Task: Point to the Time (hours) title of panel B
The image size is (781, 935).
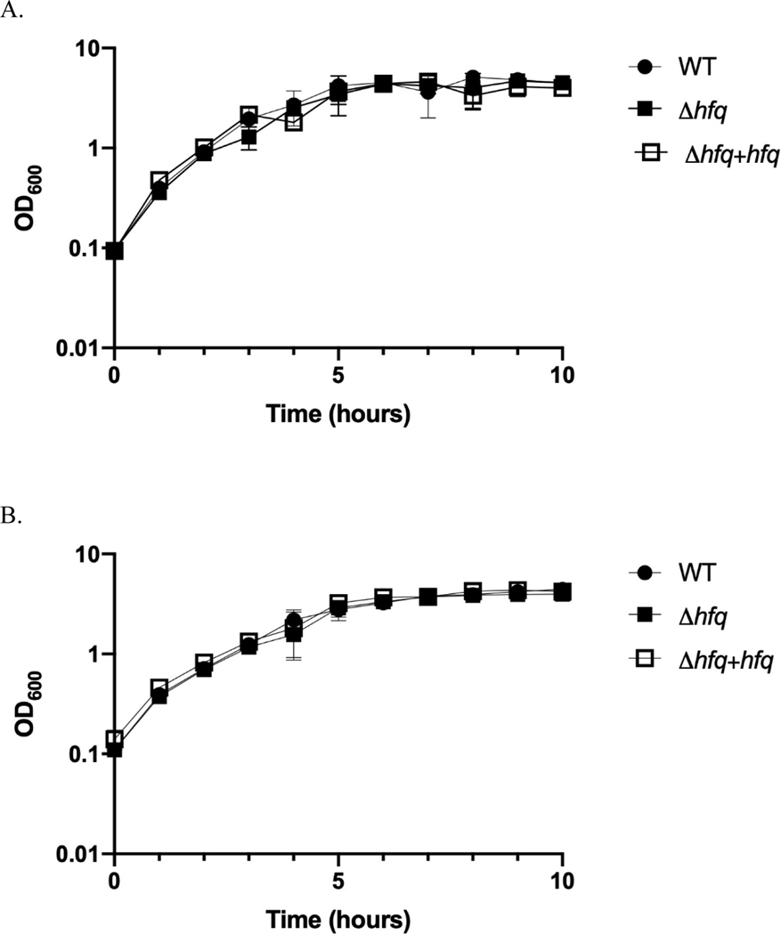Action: pos(338,917)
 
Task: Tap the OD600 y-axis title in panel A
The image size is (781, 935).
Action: pos(24,198)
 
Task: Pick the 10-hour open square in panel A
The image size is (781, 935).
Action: pos(562,87)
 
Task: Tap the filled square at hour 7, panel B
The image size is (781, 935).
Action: pos(427,597)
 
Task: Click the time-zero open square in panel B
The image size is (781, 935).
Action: pos(115,739)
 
